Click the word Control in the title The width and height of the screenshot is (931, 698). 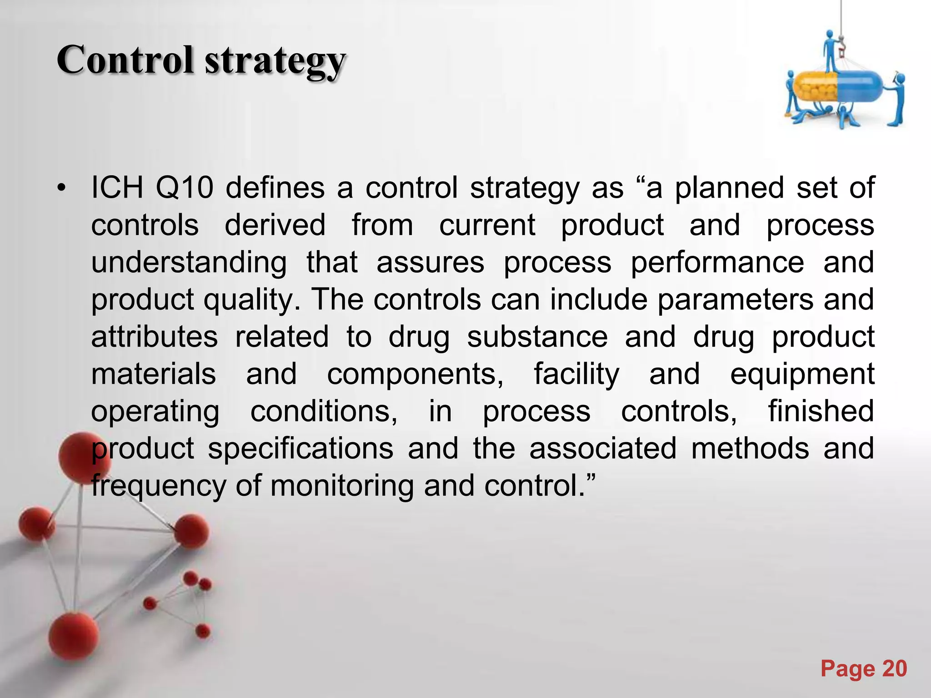[x=125, y=60]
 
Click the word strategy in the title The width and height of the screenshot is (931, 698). [x=275, y=62]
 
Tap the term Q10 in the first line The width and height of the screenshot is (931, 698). [x=184, y=188]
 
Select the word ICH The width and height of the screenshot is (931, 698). [x=117, y=188]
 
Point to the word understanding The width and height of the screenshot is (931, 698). [x=189, y=263]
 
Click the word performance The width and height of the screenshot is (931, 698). [x=717, y=263]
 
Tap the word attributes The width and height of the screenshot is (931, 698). [x=155, y=337]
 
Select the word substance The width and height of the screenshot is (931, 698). [x=537, y=337]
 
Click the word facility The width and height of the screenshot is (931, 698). [x=576, y=374]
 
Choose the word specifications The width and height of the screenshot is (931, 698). [x=300, y=449]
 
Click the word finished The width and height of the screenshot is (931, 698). [x=821, y=412]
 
